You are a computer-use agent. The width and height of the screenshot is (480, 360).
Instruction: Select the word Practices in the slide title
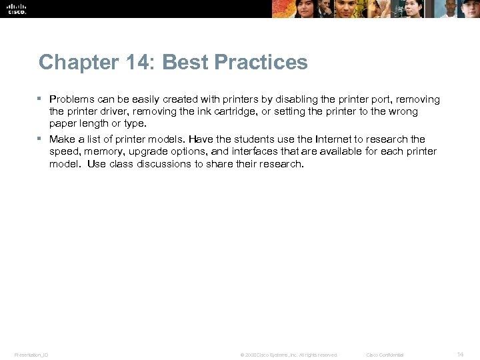262,63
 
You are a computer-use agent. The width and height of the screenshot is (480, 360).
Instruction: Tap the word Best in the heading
185,63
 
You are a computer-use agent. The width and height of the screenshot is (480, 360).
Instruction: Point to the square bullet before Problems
41,99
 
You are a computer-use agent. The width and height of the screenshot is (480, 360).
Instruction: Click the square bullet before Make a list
41,139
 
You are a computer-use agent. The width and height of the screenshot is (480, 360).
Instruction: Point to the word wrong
403,111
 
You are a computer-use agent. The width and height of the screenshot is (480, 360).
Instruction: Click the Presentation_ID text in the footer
31,355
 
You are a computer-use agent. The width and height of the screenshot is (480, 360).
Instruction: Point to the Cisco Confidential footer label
385,355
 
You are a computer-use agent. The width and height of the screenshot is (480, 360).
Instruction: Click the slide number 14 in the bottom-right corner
460,354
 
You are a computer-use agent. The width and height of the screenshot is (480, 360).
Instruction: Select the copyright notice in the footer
289,355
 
